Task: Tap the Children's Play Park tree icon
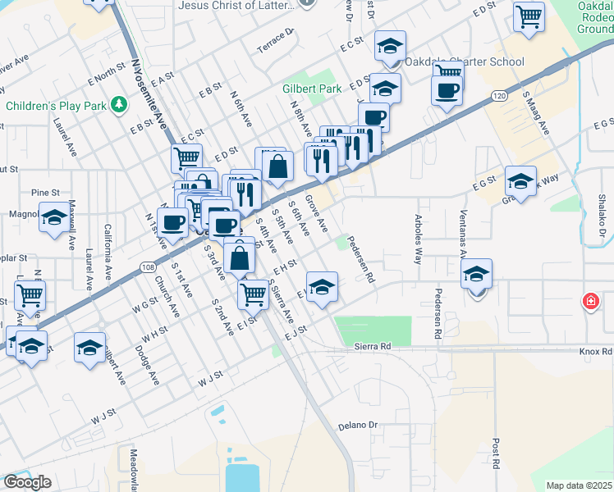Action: coord(119,105)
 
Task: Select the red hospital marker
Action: coord(589,301)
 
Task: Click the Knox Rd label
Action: coord(595,351)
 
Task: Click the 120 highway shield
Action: coord(499,96)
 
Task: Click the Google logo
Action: coord(27,482)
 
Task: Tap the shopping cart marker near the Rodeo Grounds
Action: coord(529,15)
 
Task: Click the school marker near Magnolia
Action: coord(54,219)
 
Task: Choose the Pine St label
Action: coord(46,192)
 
